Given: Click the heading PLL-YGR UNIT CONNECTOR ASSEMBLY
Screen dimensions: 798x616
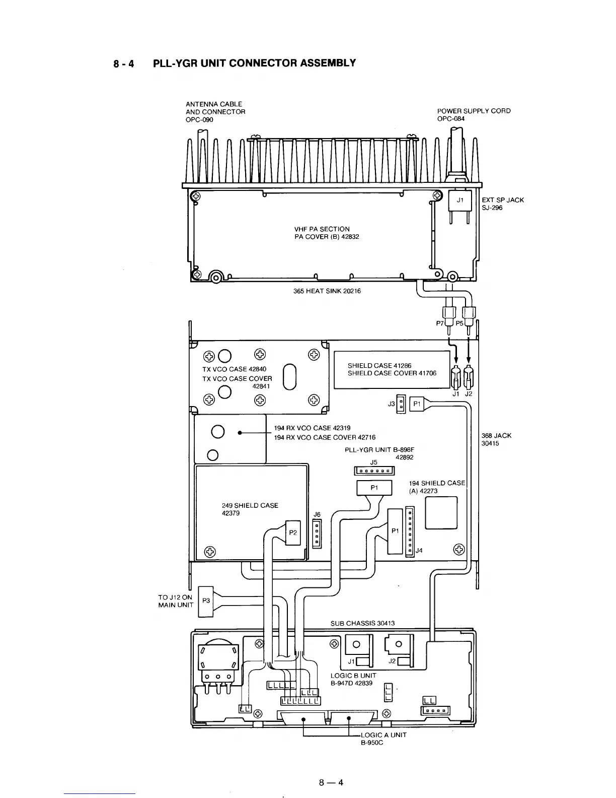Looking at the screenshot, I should pos(254,63).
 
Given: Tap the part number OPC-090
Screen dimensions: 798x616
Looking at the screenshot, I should pos(199,119).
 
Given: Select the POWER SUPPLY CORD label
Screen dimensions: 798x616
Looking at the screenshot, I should pos(474,111).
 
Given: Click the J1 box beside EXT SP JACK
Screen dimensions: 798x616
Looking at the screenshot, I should pos(459,200).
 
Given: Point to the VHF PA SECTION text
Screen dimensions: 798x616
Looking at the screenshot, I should pos(322,229).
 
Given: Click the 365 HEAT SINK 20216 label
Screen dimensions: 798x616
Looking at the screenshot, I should pos(327,291).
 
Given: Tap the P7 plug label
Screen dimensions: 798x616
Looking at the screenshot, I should pos(440,323).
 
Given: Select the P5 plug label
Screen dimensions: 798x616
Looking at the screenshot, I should pos(459,323).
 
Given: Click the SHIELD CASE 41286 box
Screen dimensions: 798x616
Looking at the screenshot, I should pos(392,370).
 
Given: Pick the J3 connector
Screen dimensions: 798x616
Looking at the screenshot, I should pos(401,404).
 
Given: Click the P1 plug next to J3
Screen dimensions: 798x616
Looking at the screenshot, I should pos(416,404).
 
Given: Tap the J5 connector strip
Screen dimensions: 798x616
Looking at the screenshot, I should pos(374,471).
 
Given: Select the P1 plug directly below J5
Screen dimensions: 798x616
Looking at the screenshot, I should pos(374,488).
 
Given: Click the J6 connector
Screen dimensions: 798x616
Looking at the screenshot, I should pos(317,534).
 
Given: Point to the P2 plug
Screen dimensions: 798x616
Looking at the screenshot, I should pos(293,533).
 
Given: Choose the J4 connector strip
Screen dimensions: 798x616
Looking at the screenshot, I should pos(410,531).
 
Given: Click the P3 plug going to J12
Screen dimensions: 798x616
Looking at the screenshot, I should pos(205,601).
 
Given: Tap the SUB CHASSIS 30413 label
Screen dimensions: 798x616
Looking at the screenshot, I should pos(362,623).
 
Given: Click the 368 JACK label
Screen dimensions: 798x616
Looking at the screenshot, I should pos(496,436).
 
